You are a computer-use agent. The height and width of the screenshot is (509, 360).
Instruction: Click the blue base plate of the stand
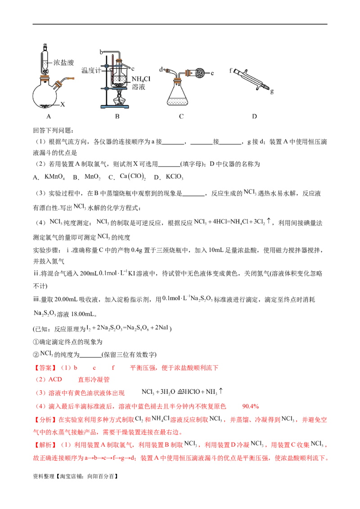tap(115, 106)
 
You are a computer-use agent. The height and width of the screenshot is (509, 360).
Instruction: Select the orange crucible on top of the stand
tap(119, 61)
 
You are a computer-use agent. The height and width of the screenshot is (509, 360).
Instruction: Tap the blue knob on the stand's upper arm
tap(106, 66)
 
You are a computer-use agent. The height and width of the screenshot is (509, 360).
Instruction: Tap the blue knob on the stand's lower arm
tap(106, 89)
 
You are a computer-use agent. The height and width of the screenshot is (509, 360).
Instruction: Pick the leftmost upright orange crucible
tap(44, 78)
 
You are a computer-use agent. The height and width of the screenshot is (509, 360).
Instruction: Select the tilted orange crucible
tap(58, 84)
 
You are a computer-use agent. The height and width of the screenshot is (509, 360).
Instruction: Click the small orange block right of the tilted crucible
tap(71, 79)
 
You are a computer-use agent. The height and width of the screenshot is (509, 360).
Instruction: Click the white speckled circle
tap(199, 73)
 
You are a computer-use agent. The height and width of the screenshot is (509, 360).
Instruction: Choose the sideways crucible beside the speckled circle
tap(188, 73)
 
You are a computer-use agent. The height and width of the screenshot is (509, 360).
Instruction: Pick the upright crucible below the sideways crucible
tap(178, 80)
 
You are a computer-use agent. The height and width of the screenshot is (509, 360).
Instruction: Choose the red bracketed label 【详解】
tap(44, 445)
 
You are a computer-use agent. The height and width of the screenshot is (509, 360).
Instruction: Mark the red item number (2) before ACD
tap(40, 380)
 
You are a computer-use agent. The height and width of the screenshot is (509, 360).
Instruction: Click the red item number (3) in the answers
tap(40, 393)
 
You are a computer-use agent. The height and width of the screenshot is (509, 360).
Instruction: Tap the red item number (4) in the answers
tap(40, 406)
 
